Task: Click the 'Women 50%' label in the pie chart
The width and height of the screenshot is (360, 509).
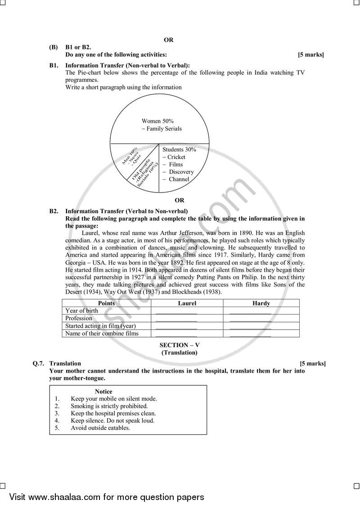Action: tap(157, 121)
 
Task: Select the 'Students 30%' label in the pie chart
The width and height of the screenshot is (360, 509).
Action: tap(179, 149)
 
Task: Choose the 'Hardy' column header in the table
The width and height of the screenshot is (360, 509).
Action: tap(261, 304)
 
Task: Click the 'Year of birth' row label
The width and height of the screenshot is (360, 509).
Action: tap(81, 311)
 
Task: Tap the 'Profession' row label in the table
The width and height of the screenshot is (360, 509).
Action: tap(79, 318)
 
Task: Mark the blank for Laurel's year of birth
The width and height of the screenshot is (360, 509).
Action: tap(176, 312)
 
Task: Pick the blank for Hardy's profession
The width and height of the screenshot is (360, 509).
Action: tap(250, 319)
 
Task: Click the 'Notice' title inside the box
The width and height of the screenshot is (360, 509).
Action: tap(103, 391)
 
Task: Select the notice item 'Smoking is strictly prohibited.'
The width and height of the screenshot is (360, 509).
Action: tap(109, 406)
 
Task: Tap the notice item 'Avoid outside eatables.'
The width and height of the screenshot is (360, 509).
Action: tap(100, 428)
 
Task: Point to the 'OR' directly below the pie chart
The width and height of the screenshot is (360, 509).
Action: tap(180, 201)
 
